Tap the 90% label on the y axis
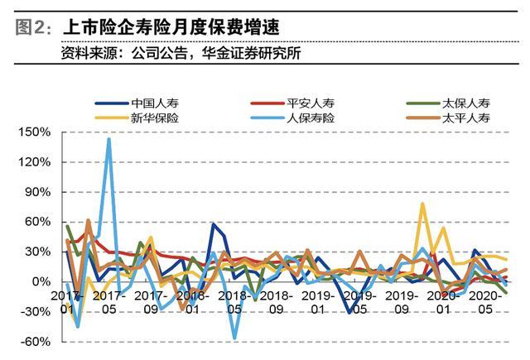(x=36, y=192)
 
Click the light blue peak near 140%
(x=108, y=139)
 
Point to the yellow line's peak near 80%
(x=422, y=204)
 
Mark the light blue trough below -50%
(x=235, y=338)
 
